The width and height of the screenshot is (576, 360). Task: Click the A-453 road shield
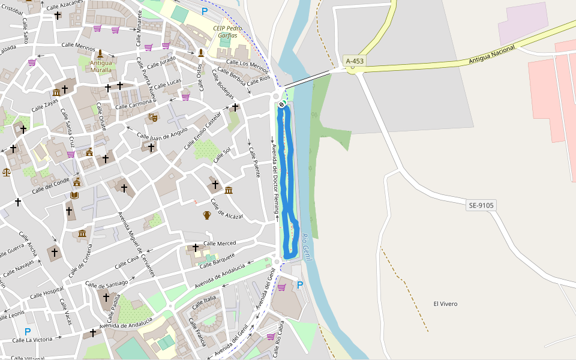355,61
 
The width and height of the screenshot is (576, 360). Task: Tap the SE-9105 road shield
481,205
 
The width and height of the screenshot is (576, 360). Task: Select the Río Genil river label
306,244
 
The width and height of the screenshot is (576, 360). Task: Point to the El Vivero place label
445,304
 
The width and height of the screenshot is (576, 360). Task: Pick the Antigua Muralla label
101,66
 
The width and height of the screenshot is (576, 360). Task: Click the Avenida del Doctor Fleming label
275,179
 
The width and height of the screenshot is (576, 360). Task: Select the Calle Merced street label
220,243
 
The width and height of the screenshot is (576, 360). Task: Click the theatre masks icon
152,118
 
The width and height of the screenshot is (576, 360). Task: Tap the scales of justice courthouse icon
7,172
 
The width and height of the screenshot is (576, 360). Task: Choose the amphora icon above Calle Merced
207,215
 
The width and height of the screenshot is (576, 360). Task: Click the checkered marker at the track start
282,104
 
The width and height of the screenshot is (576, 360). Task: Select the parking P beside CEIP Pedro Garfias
205,11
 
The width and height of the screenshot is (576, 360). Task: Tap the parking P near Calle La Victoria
28,331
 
